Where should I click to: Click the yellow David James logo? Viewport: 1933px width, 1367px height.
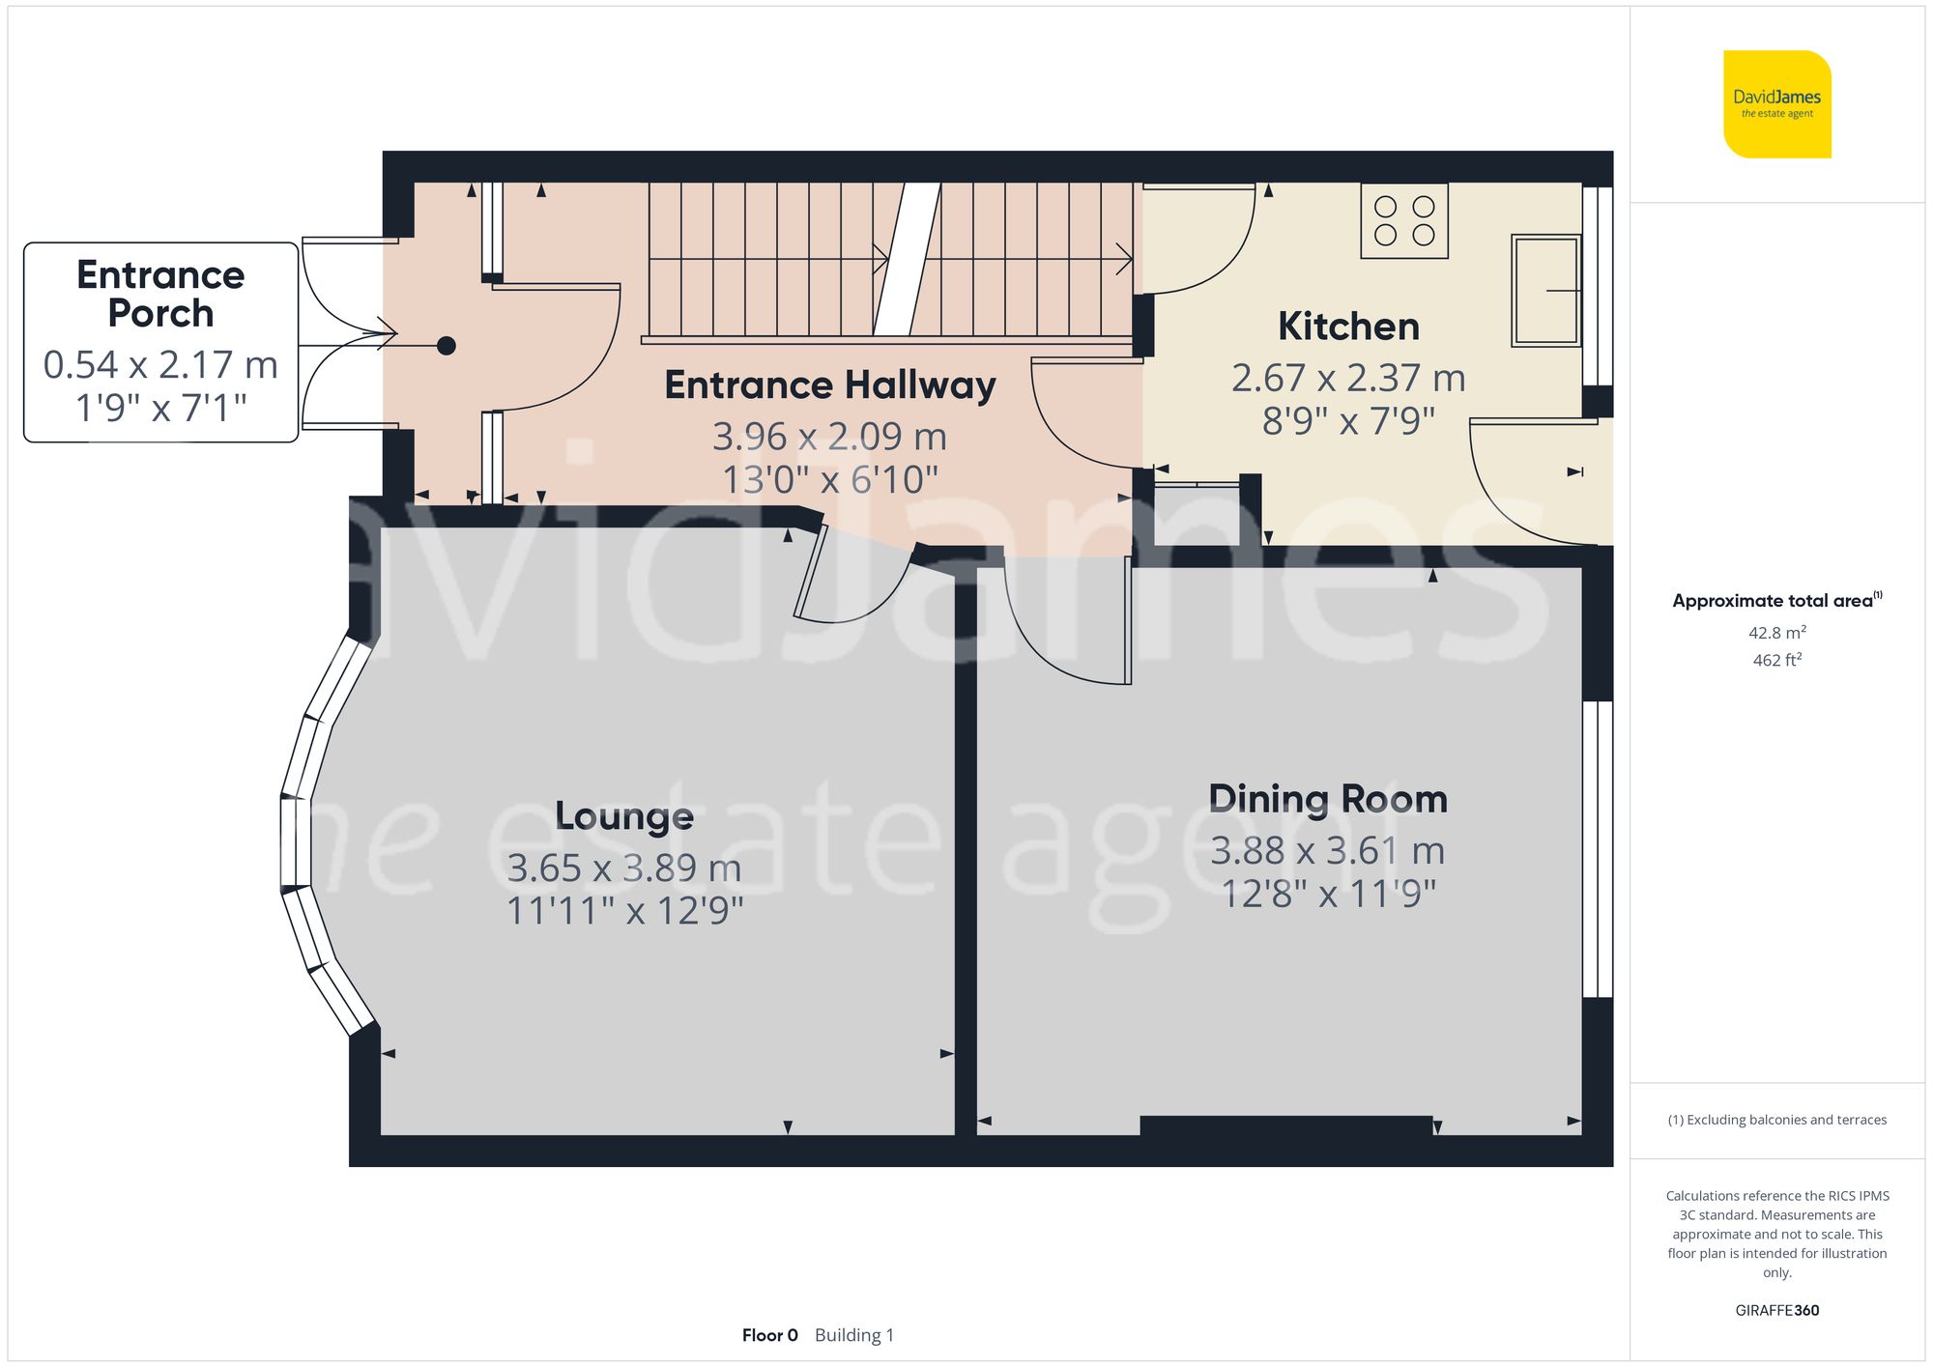coord(1776,104)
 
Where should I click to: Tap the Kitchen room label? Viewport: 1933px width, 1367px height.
coord(1348,327)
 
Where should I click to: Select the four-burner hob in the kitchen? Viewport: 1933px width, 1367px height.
coord(1403,221)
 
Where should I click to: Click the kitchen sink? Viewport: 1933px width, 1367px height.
coord(1545,290)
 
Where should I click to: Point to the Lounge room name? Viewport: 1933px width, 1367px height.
coord(624,816)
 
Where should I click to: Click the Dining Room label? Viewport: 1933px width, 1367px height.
coord(1327,800)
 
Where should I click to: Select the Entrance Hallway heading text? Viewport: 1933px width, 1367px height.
coord(829,385)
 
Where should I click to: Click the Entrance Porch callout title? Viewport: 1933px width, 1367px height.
coord(160,294)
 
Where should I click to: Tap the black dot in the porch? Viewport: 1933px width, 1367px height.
coord(446,346)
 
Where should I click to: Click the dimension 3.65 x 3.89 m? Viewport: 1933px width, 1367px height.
coord(624,869)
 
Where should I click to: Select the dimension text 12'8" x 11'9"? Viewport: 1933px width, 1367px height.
coord(1328,895)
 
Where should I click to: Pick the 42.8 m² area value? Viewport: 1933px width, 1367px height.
coord(1776,633)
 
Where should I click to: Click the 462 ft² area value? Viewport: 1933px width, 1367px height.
coord(1776,660)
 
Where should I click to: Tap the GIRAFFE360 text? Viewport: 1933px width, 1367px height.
coord(1776,1311)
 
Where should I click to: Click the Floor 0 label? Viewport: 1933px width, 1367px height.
coord(769,1335)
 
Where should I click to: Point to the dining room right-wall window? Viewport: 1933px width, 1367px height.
coord(1597,849)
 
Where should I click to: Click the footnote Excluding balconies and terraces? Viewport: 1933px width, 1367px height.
coord(1776,1120)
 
